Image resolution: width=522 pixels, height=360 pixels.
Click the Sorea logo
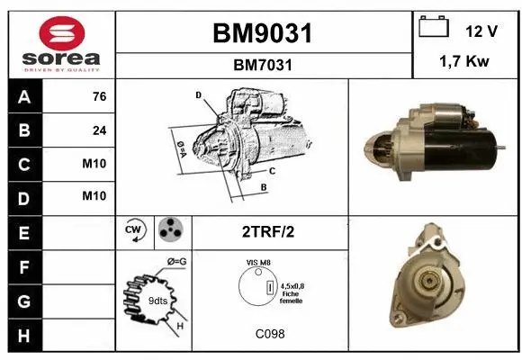tap(61, 44)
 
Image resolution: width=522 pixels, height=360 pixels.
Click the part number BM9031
tap(262, 33)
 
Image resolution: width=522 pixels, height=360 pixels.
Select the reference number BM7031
tap(262, 65)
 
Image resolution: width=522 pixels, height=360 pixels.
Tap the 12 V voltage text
tap(481, 31)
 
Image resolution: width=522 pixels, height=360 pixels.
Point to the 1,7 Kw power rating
tap(465, 61)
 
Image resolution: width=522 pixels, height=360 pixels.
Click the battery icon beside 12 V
tap(434, 27)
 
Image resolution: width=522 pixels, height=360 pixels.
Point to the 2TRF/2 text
tap(269, 231)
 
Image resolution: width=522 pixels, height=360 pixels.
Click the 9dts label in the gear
tap(157, 300)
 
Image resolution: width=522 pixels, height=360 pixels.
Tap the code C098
tap(269, 334)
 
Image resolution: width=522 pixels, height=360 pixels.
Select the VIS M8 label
tap(259, 262)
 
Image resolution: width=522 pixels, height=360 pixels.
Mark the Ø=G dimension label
tap(176, 262)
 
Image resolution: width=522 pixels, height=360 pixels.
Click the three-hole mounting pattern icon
tap(168, 230)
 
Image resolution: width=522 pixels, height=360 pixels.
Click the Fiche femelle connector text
tap(291, 297)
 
